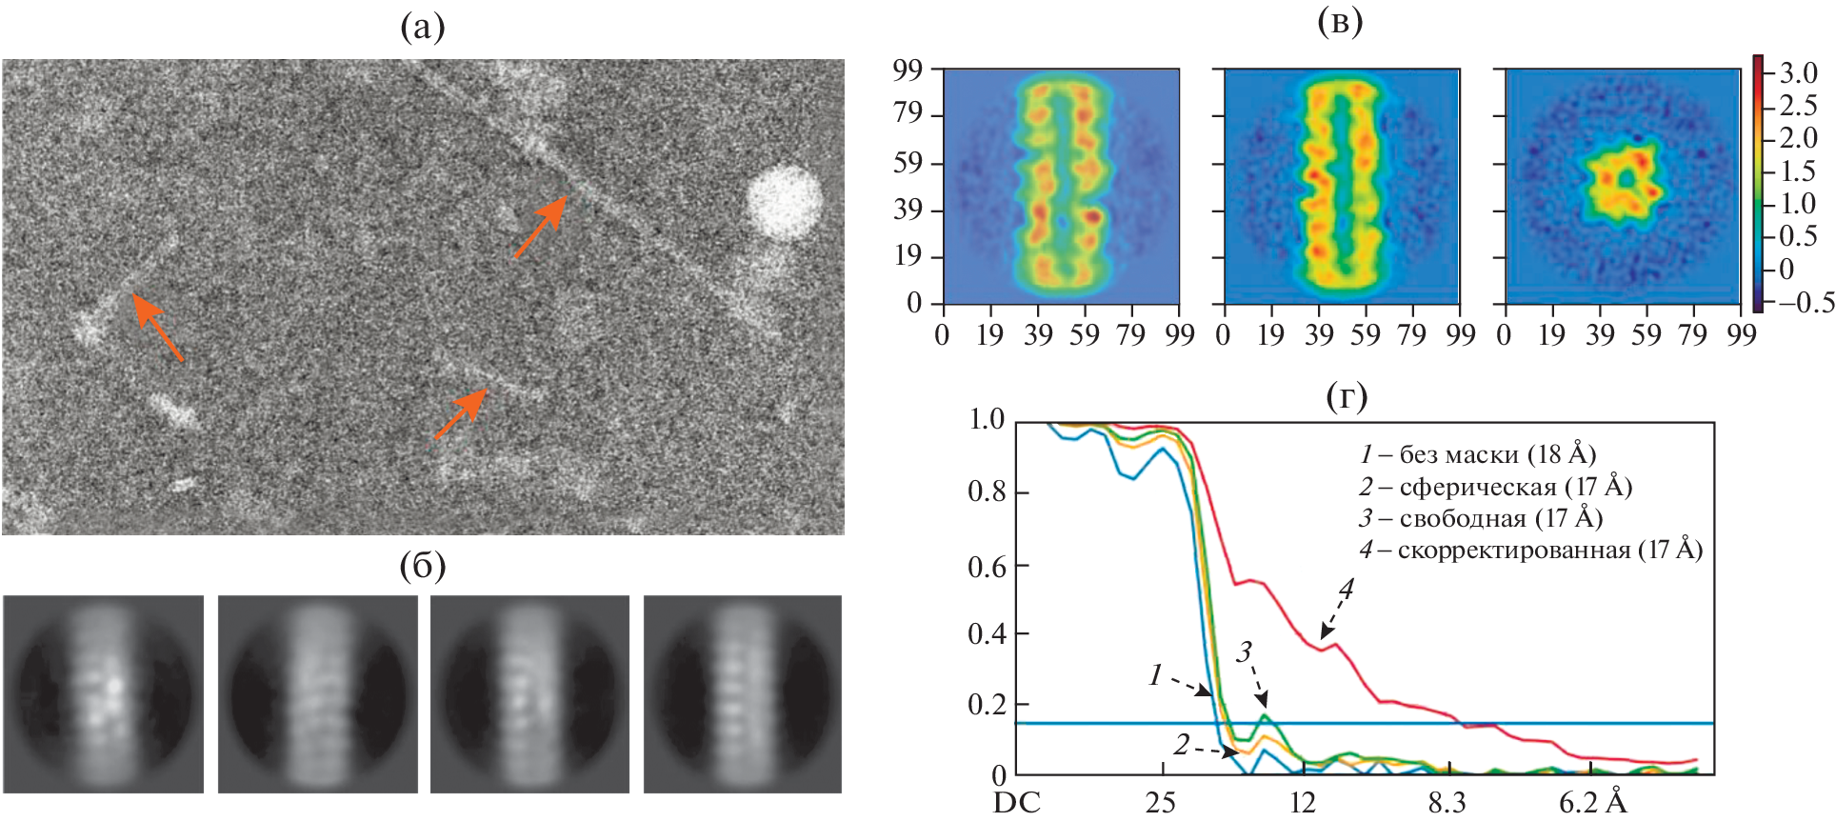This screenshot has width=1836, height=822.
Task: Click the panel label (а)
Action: click(423, 29)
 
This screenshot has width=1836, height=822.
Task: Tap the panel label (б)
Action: click(423, 566)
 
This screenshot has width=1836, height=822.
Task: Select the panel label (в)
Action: click(1339, 21)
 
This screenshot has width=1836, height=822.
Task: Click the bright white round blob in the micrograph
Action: click(785, 202)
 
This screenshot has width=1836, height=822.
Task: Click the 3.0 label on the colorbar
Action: click(1798, 73)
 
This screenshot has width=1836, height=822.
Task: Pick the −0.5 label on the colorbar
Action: click(1799, 303)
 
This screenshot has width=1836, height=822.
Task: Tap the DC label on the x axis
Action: click(1016, 803)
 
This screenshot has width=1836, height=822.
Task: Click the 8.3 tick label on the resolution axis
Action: click(1447, 803)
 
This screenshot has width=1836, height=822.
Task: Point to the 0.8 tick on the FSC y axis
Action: click(987, 492)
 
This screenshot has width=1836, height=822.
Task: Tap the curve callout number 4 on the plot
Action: click(1346, 590)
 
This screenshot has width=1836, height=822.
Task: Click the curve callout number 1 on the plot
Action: click(1156, 675)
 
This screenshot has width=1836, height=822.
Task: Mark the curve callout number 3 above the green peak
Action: click(1244, 652)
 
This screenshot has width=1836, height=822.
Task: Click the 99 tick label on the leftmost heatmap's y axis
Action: click(908, 70)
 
